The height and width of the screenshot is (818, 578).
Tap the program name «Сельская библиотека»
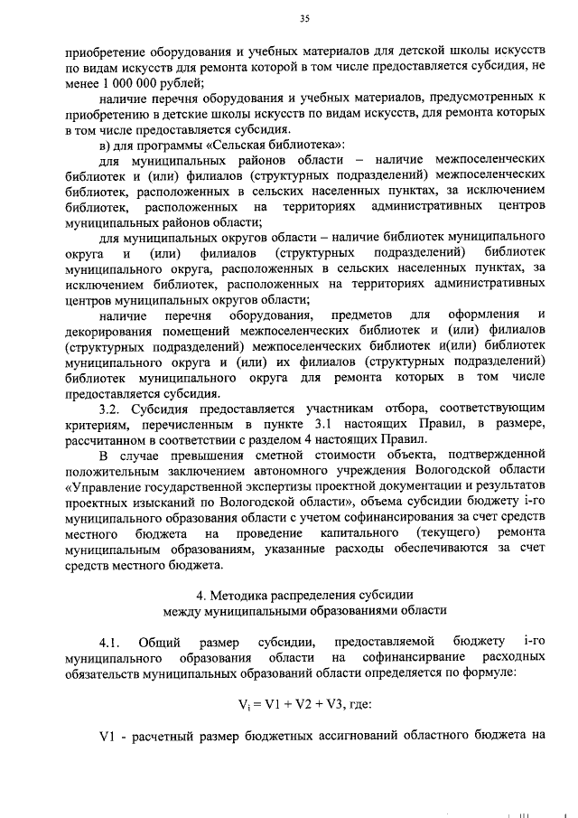pyautogui.click(x=266, y=146)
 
